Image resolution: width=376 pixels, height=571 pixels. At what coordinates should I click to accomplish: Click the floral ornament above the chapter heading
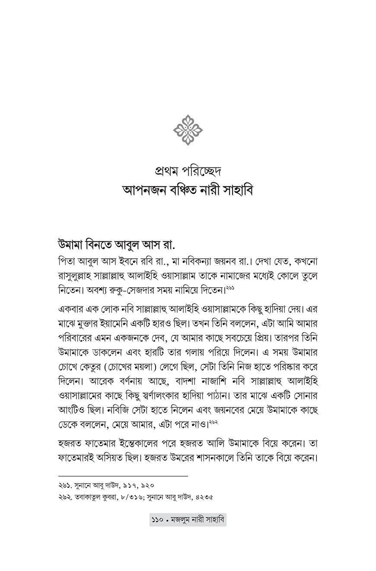pos(188,129)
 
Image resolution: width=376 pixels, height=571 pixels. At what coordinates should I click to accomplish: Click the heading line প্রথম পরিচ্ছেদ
pos(188,171)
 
